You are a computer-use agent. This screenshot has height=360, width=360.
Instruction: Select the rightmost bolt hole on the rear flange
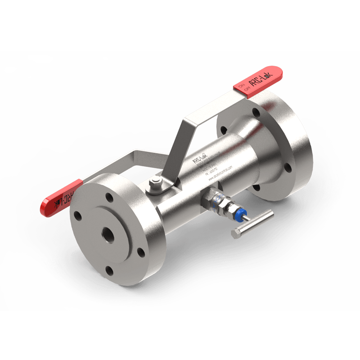coord(288,168)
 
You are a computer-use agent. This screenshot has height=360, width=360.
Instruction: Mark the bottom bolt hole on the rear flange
coord(256,187)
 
